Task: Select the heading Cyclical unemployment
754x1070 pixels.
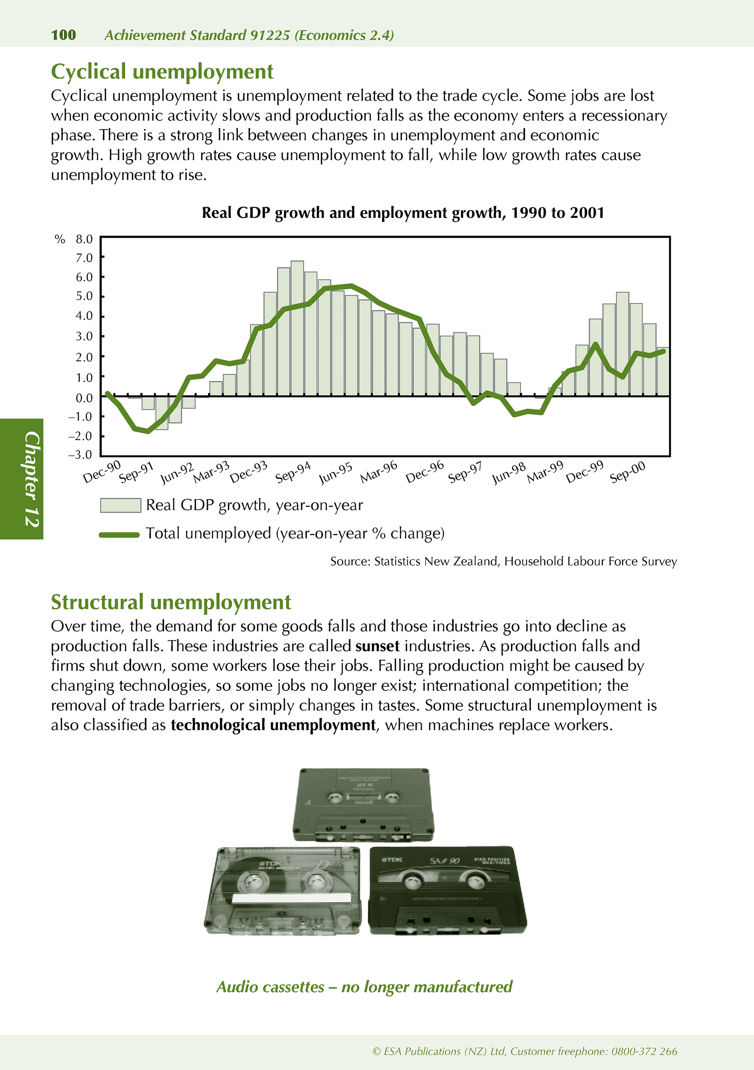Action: pos(162,72)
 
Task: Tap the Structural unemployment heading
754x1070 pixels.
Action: pos(170,602)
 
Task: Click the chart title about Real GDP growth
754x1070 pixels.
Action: pos(403,213)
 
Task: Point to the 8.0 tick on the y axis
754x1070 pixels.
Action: pos(84,240)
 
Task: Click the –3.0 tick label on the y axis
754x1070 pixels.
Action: pos(80,455)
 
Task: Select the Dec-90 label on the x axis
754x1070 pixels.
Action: pos(102,472)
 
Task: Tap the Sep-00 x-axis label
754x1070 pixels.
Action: pos(627,472)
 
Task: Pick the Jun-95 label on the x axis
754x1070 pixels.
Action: pos(335,473)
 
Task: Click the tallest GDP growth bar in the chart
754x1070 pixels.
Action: pos(297,326)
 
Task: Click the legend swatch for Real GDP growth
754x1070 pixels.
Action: pos(121,506)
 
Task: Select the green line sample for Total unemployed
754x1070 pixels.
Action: pos(119,535)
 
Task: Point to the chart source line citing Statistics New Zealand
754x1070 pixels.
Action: pos(503,562)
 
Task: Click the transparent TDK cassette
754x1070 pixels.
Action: pos(283,891)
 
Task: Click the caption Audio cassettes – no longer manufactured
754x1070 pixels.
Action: pos(364,987)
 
